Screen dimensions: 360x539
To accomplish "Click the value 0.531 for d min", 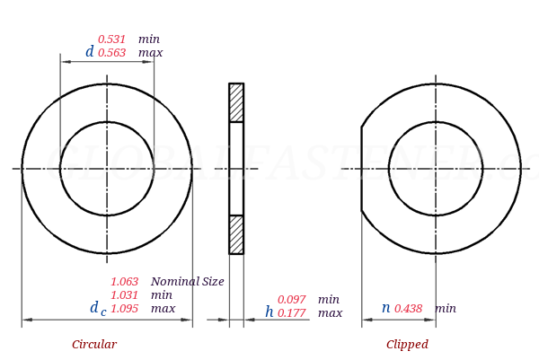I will [x=112, y=40].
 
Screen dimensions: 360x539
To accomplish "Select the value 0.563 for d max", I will [x=112, y=53].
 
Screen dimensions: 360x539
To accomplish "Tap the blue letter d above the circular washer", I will [x=89, y=52].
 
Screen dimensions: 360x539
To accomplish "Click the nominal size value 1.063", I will [x=125, y=282].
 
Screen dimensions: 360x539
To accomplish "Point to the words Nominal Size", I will [x=187, y=282].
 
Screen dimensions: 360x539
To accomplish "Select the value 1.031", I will [x=125, y=295].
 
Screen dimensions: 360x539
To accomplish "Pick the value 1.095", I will [x=125, y=309].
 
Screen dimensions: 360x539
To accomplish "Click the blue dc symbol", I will [x=97, y=309].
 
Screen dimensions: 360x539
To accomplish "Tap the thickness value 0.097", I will [x=292, y=300].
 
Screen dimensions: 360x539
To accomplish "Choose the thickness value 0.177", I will [x=292, y=313].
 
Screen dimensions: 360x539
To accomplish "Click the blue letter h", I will [x=269, y=312].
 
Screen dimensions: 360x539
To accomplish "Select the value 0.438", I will [x=409, y=309].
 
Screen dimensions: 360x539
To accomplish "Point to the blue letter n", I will [x=385, y=308].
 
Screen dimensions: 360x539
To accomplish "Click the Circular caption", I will [x=94, y=345].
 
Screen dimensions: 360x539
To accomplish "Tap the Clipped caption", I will [x=407, y=345].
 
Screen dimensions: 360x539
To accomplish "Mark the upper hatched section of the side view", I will [x=236, y=102].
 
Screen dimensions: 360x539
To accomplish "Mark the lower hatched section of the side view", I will [x=236, y=234].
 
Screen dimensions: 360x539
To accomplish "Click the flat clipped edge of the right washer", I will [x=362, y=169].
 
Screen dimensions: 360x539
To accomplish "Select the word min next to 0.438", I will [x=446, y=309].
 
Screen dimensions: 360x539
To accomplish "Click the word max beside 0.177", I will [x=330, y=313].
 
